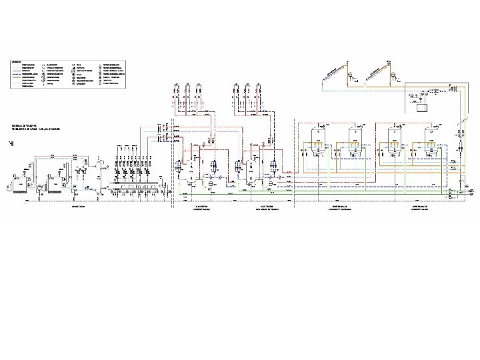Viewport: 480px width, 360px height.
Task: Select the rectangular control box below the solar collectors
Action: click(x=421, y=105)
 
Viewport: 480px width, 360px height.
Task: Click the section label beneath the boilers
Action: click(x=78, y=208)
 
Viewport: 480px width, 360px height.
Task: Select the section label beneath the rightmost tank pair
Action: click(x=419, y=208)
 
